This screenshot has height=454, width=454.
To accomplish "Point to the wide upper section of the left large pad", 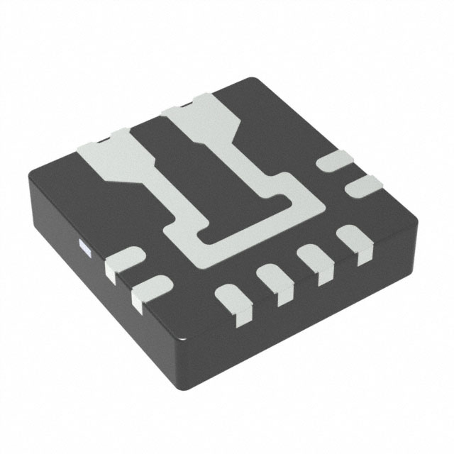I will click(x=105, y=152).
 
